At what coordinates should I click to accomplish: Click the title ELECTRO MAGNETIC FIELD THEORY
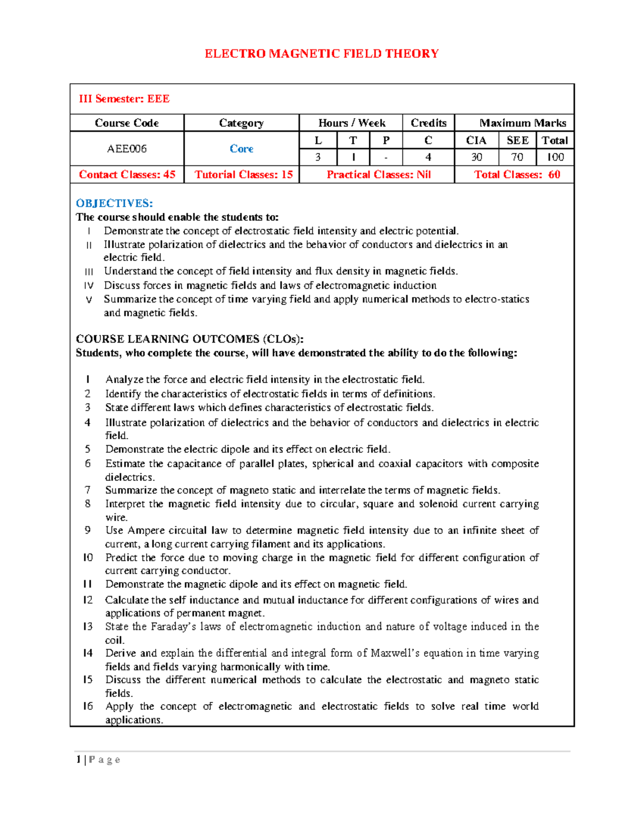pyautogui.click(x=321, y=54)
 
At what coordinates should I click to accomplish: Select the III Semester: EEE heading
pyautogui.click(x=124, y=99)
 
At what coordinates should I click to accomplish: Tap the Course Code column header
pyautogui.click(x=127, y=123)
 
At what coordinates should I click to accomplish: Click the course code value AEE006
pyautogui.click(x=127, y=149)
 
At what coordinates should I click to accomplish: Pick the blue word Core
pyautogui.click(x=241, y=149)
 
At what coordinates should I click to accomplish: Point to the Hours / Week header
pyautogui.click(x=352, y=123)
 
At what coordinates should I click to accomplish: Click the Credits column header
pyautogui.click(x=428, y=123)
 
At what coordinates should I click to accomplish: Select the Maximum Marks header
pyautogui.click(x=522, y=123)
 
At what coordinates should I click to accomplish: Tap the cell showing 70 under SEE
pyautogui.click(x=517, y=157)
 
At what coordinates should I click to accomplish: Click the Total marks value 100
pyautogui.click(x=555, y=157)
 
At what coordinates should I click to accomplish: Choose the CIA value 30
pyautogui.click(x=476, y=157)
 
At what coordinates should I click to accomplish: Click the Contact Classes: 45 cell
pyautogui.click(x=127, y=175)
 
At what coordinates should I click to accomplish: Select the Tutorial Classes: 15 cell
pyautogui.click(x=243, y=175)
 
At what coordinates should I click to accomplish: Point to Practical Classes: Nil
pyautogui.click(x=378, y=175)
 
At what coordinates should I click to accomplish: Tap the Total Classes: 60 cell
pyautogui.click(x=517, y=175)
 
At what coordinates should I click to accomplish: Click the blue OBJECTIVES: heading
pyautogui.click(x=114, y=203)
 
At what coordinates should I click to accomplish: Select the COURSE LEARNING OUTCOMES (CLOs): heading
pyautogui.click(x=189, y=339)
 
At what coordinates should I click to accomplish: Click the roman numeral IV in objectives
pyautogui.click(x=89, y=286)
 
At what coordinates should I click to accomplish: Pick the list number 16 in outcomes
pyautogui.click(x=88, y=706)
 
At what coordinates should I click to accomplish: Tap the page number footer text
pyautogui.click(x=98, y=759)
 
